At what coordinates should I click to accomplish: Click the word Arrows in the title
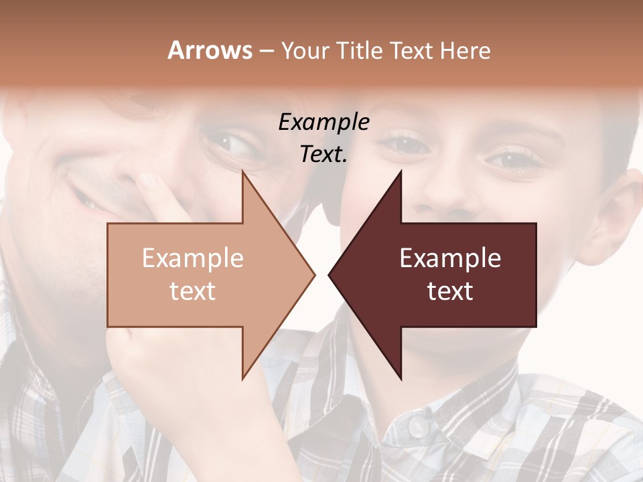209,50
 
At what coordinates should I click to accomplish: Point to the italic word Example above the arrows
324,122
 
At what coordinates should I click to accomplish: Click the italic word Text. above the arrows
324,154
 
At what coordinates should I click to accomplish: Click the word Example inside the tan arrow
192,258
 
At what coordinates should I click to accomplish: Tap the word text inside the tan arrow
192,291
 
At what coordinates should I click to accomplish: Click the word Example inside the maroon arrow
450,258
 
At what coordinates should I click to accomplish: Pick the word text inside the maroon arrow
450,291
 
